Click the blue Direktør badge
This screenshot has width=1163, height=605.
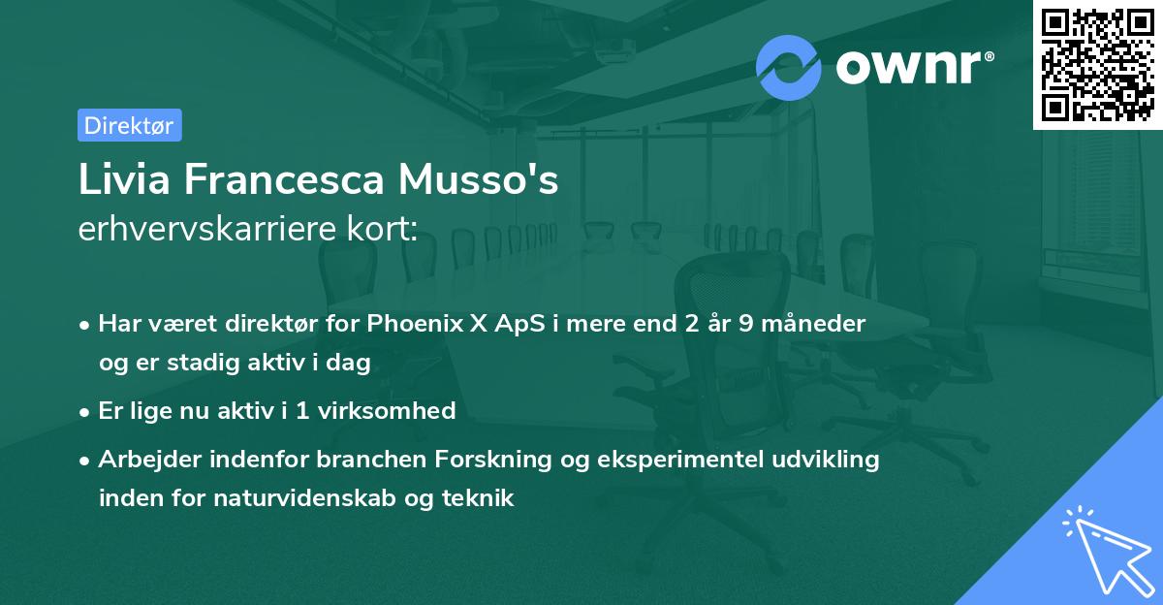[129, 125]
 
